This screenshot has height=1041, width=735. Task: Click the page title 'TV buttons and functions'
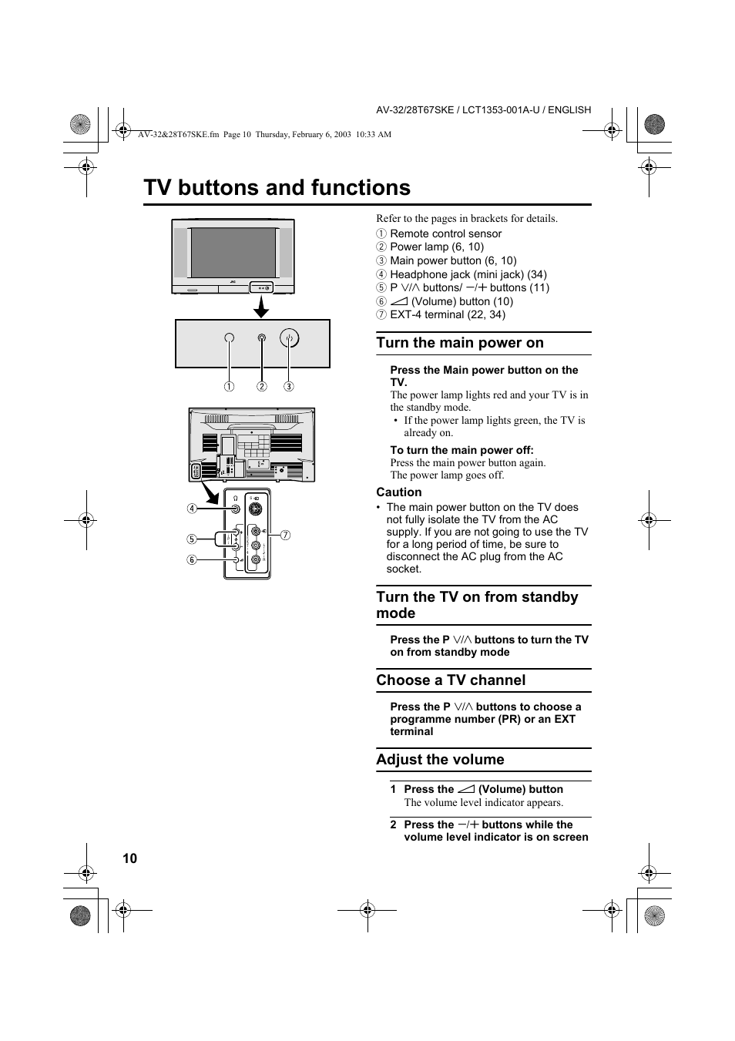[x=277, y=188]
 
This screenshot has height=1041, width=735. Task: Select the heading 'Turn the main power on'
[x=459, y=343]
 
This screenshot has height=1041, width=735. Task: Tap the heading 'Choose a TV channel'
[x=451, y=680]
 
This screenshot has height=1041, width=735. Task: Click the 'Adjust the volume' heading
[x=440, y=760]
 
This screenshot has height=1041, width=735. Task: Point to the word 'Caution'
[x=398, y=492]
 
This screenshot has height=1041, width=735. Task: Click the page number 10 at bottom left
[x=129, y=858]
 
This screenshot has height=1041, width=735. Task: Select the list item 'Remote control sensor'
[x=445, y=233]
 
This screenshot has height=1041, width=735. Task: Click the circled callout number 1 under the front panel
[x=229, y=387]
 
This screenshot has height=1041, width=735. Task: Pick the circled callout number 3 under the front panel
[x=289, y=387]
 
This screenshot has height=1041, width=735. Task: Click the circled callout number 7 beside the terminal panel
[x=285, y=535]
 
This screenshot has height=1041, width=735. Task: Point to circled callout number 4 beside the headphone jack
[x=192, y=509]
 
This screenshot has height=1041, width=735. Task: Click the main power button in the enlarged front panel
[x=289, y=337]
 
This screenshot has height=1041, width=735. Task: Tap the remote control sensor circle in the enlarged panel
[x=229, y=338]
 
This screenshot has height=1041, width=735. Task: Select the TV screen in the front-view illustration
[x=233, y=252]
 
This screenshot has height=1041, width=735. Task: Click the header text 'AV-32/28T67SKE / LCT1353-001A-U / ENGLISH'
[x=483, y=110]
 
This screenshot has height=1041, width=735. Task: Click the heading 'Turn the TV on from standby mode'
[x=477, y=605]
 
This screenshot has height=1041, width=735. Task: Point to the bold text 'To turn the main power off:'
[x=461, y=450]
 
